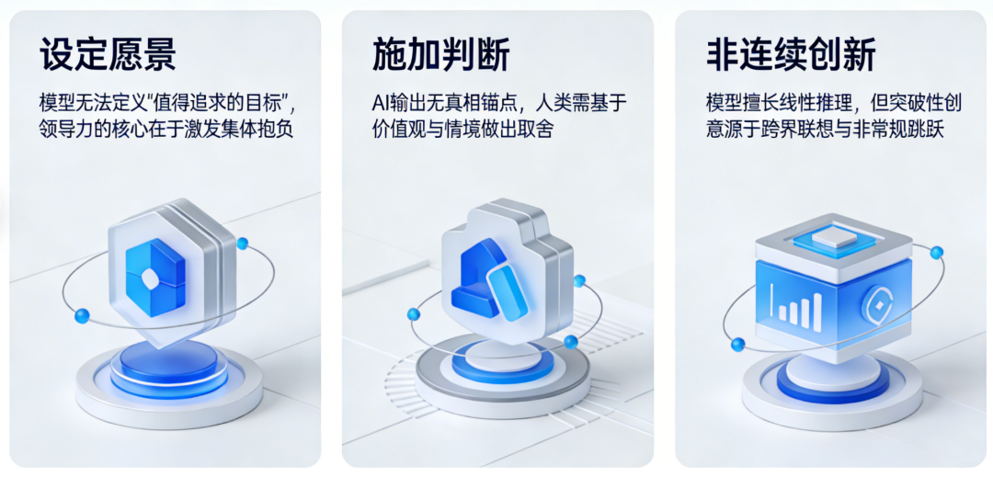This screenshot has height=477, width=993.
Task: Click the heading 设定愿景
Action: tap(108, 54)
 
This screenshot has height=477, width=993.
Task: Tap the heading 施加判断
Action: tap(440, 54)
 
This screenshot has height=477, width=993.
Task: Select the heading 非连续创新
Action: tap(791, 54)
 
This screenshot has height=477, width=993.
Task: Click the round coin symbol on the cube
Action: tap(879, 303)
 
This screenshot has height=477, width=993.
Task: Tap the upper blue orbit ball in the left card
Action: tap(242, 243)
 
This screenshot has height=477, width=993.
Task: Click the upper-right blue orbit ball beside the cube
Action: tap(937, 253)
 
